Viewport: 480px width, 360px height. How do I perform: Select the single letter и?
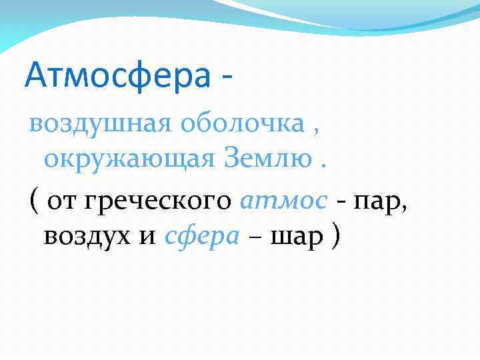click(x=148, y=238)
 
